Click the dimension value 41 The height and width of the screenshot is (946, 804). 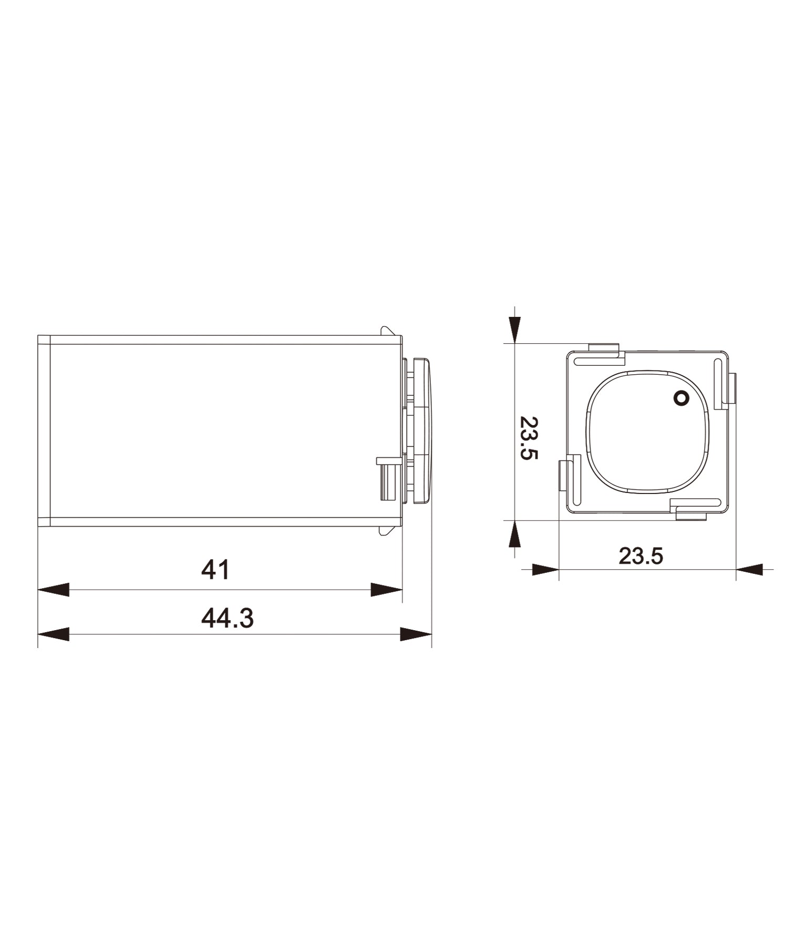215,570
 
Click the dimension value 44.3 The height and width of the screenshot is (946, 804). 227,618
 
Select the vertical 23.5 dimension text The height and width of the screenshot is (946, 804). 529,438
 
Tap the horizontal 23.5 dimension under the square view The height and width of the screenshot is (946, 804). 641,556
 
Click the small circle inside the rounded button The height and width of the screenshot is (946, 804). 681,399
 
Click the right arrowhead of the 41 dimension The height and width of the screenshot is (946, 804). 386,590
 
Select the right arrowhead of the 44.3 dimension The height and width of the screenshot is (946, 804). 416,634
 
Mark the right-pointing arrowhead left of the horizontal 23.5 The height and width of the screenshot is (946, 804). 544,569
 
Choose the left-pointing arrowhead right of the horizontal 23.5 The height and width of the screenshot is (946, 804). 750,569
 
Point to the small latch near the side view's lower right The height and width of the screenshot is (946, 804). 387,478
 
